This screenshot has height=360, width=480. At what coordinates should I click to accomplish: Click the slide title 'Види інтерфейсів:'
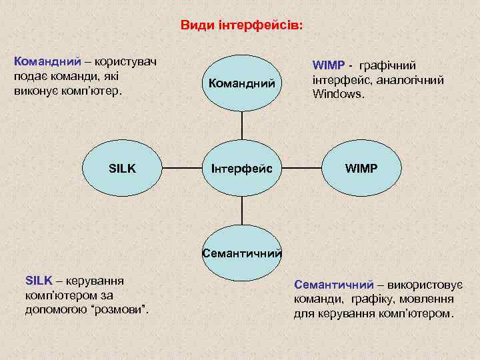tap(241, 25)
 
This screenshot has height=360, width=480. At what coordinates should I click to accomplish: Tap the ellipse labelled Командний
tap(241, 83)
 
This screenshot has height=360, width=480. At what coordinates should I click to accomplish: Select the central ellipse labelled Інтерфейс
tap(241, 169)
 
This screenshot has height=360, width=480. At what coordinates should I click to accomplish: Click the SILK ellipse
tap(122, 169)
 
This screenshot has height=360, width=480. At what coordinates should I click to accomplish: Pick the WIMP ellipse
tap(361, 169)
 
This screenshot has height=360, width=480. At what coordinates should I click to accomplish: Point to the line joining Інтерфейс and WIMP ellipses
tap(301, 169)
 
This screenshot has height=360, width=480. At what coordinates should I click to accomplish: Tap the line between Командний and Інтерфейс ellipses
tap(241, 126)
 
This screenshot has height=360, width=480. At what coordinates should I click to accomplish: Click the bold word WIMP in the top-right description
tap(329, 65)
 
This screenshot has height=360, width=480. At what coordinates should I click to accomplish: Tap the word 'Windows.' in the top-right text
tap(339, 94)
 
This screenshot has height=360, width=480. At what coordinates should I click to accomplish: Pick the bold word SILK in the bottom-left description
tap(38, 281)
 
